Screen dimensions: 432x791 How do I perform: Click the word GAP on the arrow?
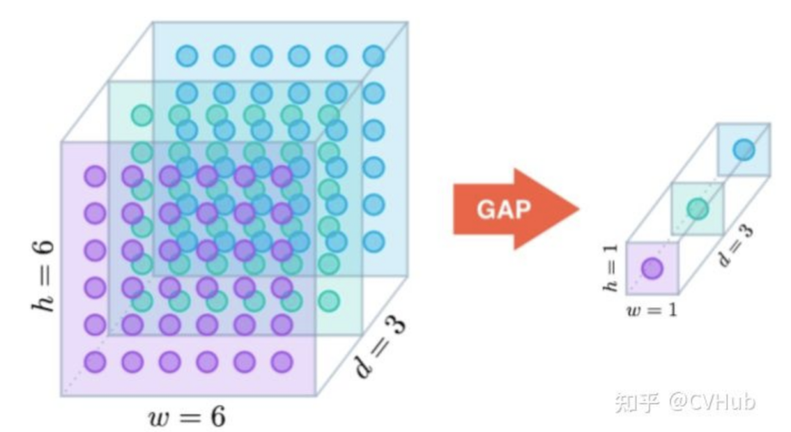(504, 209)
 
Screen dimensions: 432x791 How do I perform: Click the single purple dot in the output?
(652, 269)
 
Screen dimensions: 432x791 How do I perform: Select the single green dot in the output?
(698, 209)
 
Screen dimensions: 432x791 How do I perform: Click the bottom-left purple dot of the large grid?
(94, 361)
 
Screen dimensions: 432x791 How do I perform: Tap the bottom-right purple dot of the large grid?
(282, 361)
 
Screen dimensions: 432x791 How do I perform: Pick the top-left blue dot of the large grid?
(187, 55)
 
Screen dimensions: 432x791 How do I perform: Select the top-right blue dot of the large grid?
(374, 55)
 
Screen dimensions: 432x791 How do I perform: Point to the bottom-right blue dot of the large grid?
(374, 241)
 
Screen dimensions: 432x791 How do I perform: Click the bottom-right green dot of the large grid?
(329, 300)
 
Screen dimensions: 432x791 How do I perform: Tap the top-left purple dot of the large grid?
(94, 176)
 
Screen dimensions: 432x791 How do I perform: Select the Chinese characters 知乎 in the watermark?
(636, 401)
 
